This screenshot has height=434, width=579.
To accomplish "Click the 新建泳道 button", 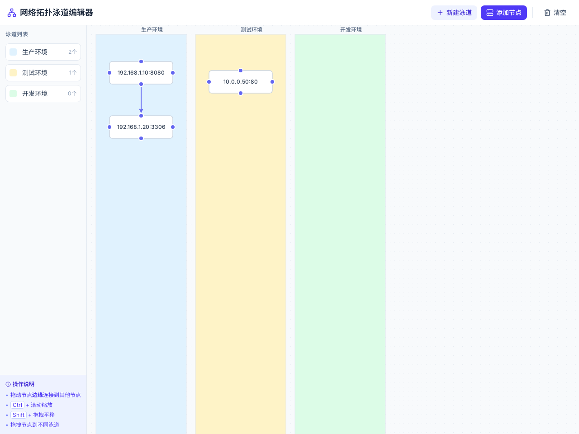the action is click(x=454, y=13).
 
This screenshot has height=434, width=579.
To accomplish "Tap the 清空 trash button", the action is click(x=555, y=13).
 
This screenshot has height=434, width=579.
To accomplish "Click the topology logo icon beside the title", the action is click(x=12, y=13).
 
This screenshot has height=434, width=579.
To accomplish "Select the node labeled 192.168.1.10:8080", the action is click(x=141, y=73).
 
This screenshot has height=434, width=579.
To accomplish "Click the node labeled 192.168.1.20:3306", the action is click(x=141, y=127).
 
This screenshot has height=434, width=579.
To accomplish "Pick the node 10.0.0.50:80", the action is click(x=241, y=82).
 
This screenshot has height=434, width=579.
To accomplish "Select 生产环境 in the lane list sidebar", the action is click(x=43, y=52).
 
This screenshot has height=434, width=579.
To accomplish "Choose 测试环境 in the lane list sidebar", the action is click(x=43, y=73).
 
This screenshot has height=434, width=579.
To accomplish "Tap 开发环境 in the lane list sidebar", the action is click(x=43, y=94).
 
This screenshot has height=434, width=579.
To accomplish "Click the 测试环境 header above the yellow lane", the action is click(x=252, y=30).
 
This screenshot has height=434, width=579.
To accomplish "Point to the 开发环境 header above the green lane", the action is click(x=351, y=30).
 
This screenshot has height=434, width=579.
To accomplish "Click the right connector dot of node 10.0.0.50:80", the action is click(x=272, y=82).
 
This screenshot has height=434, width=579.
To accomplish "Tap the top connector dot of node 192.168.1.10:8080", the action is click(x=141, y=61).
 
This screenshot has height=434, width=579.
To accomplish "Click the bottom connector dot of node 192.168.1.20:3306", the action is click(x=141, y=138).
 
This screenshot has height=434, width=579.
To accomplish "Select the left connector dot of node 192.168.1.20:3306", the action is click(x=109, y=127).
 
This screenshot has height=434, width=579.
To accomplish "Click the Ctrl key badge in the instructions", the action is click(x=17, y=405).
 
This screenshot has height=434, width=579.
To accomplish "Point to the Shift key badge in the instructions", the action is click(x=19, y=415).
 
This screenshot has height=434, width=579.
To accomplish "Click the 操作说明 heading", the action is click(x=24, y=384).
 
